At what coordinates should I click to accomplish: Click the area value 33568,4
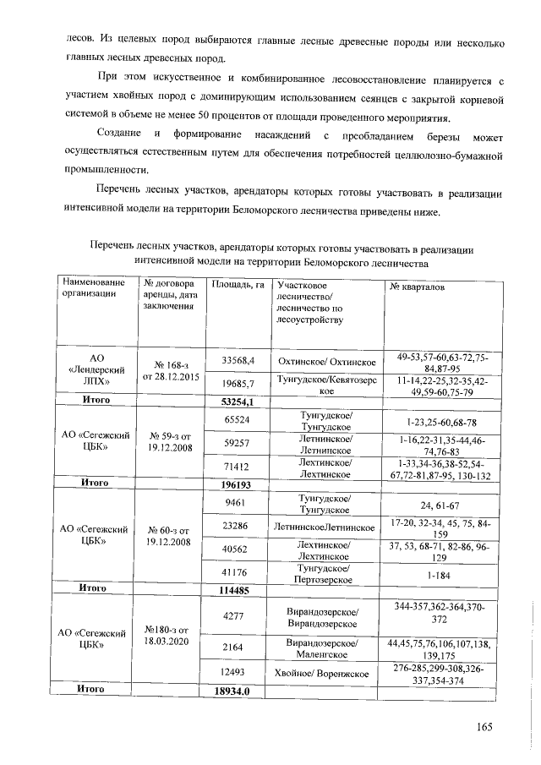click(x=238, y=362)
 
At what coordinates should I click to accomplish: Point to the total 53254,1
click(x=238, y=402)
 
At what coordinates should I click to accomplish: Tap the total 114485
click(x=238, y=587)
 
